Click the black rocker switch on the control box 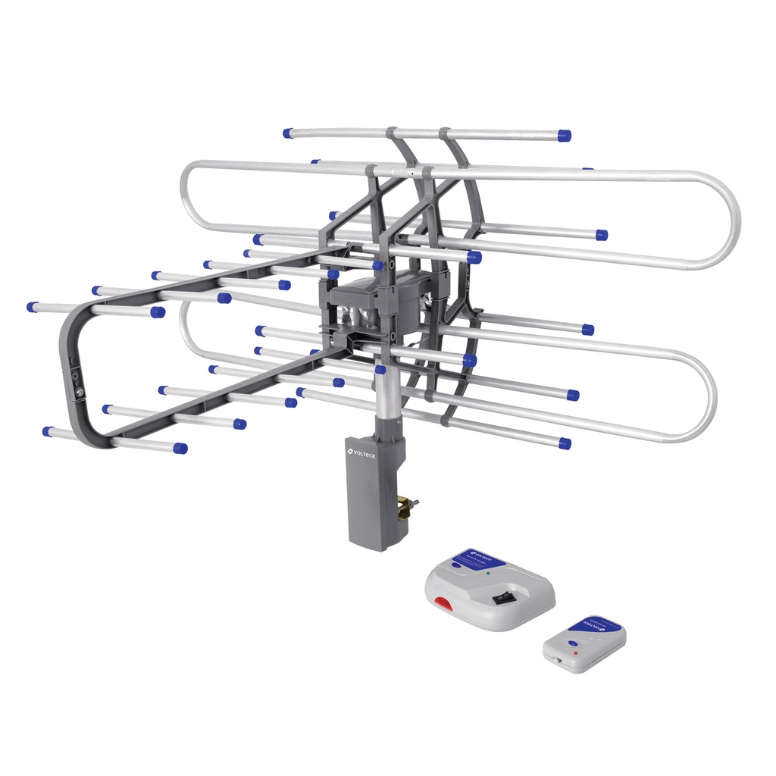coord(502,598)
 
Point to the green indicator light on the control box coord(488,574)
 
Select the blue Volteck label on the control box coord(478,559)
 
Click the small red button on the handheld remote coord(575,652)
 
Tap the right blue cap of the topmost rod coord(564,136)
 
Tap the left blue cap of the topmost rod coord(288,133)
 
